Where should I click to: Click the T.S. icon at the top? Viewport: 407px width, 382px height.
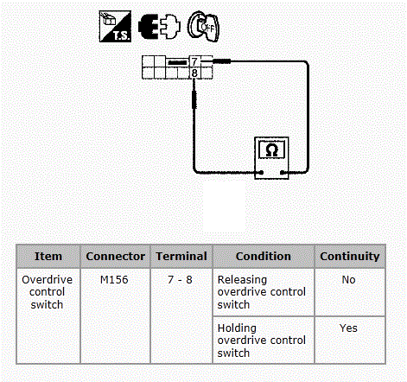point(115,27)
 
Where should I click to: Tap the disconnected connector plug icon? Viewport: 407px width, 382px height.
point(160,26)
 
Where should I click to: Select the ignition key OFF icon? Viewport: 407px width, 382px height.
point(203,27)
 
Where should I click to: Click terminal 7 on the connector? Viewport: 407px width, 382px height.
point(194,61)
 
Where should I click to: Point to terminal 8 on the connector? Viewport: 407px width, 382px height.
point(194,73)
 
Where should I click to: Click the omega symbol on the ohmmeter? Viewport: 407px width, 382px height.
point(271,150)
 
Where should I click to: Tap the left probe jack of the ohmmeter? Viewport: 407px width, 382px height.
point(261,173)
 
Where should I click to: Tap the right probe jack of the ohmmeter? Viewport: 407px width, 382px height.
point(283,173)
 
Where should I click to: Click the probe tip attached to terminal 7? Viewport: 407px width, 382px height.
point(221,61)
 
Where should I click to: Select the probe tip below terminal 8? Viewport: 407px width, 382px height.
point(194,99)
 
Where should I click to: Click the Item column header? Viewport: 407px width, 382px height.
point(48,256)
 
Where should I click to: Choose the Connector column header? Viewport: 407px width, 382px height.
point(115,256)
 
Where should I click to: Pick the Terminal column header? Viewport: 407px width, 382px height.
point(181,256)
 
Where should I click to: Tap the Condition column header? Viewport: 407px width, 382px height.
point(264,256)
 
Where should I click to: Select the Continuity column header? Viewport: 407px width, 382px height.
point(350,256)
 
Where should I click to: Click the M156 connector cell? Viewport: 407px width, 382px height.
point(114,280)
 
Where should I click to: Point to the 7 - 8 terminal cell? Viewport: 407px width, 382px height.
point(180,280)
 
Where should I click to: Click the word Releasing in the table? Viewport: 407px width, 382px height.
point(242,280)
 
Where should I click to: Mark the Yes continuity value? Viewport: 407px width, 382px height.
point(348,328)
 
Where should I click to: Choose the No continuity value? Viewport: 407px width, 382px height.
point(348,280)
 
